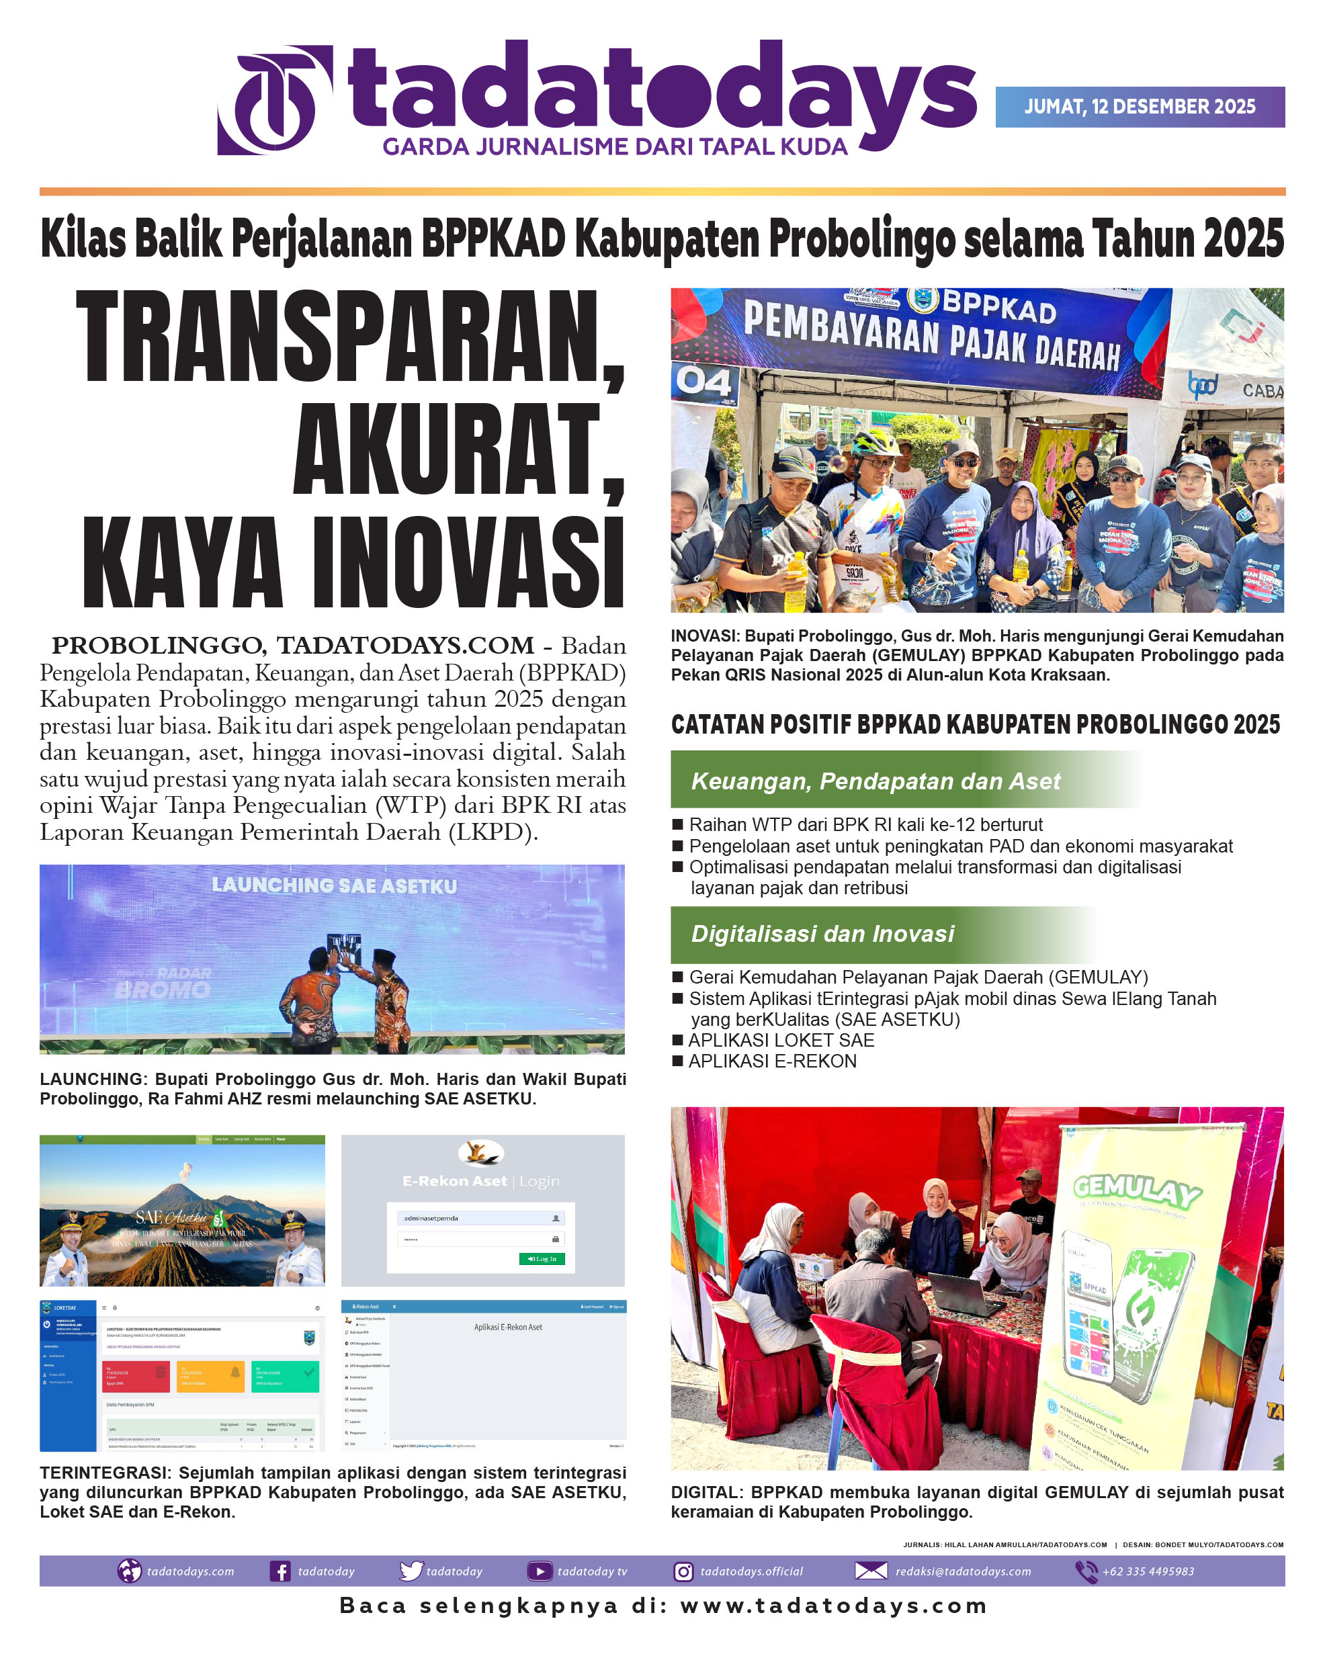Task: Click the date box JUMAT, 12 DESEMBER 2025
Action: click(x=1140, y=107)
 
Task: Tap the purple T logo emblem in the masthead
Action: click(x=275, y=99)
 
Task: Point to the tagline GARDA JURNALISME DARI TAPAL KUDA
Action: click(x=615, y=146)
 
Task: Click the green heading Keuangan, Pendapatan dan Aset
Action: click(x=875, y=780)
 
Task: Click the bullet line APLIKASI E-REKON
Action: click(x=772, y=1061)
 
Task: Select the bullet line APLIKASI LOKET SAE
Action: click(x=780, y=1040)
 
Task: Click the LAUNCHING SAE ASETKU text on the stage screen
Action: click(x=334, y=885)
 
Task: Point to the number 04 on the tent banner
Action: click(x=702, y=382)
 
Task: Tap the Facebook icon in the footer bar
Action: click(x=280, y=1571)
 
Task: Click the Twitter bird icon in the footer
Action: click(x=411, y=1571)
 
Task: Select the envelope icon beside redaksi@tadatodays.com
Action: click(x=871, y=1571)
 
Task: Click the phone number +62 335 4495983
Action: click(x=1148, y=1571)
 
